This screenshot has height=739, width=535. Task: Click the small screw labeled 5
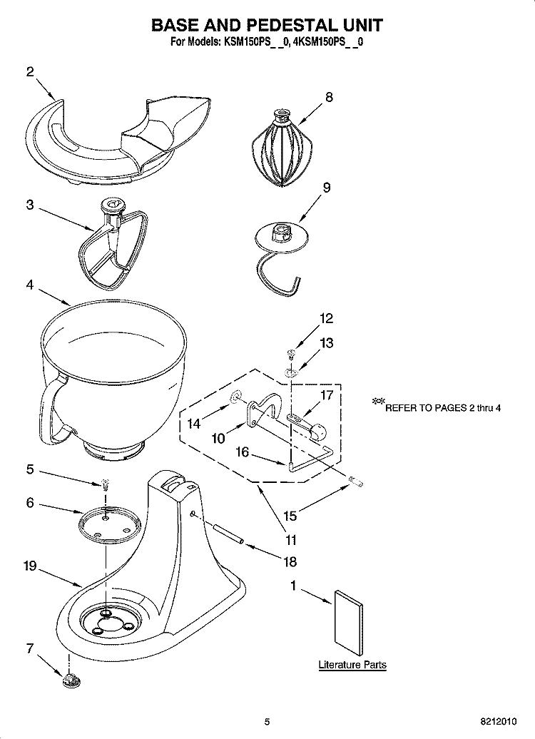tap(105, 485)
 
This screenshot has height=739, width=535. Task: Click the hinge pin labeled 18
tap(227, 534)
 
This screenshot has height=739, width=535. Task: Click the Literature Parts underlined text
tap(352, 665)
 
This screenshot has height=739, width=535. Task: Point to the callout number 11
tap(291, 540)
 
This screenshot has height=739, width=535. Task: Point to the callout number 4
tap(29, 284)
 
